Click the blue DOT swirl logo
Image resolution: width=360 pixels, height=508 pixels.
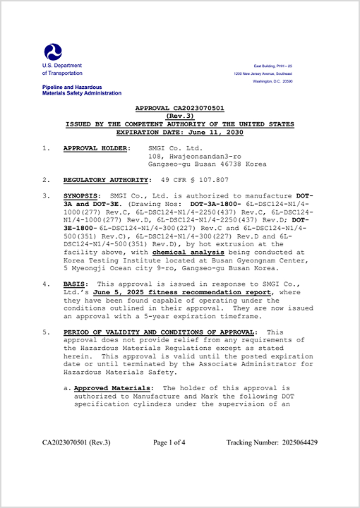pyautogui.click(x=53, y=51)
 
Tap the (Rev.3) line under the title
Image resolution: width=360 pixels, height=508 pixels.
pyautogui.click(x=179, y=116)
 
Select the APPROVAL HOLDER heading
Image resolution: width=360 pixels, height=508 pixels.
pyautogui.click(x=97, y=148)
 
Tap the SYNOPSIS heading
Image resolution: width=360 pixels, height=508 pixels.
pyautogui.click(x=82, y=195)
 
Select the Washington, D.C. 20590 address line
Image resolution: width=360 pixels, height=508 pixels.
pyautogui.click(x=272, y=81)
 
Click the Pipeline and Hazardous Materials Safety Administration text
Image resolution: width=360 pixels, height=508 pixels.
pyautogui.click(x=81, y=90)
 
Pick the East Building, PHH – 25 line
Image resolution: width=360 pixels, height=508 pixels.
pyautogui.click(x=273, y=65)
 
